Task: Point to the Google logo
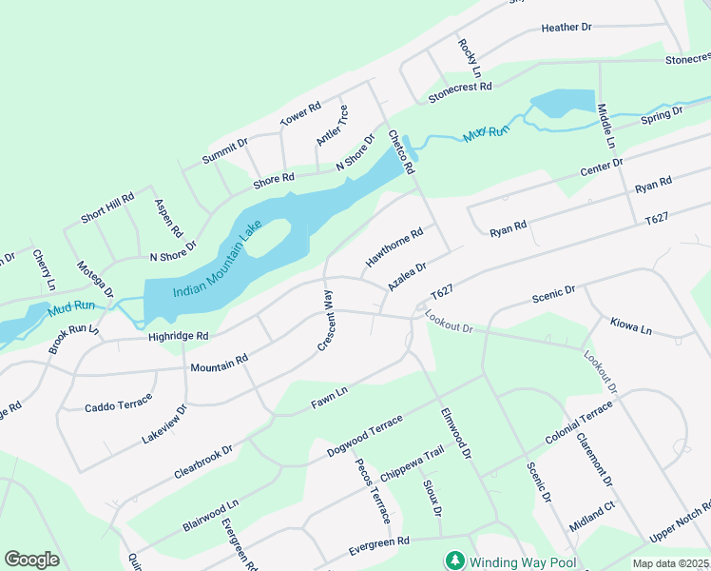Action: coord(31,560)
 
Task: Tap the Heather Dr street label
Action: coord(567,28)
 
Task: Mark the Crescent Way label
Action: coord(324,322)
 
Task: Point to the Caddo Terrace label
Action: coord(118,406)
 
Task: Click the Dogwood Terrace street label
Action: coord(364,436)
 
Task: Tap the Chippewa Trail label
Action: coord(412,462)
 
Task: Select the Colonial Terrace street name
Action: coord(579,424)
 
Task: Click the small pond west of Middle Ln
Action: coord(561,103)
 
